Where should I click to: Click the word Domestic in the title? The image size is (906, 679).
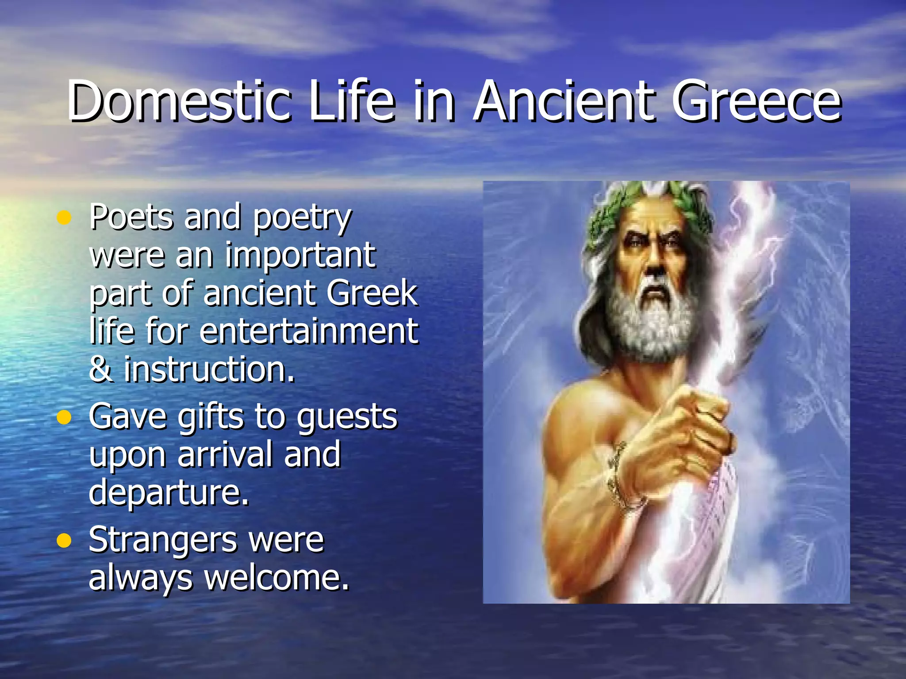point(179,101)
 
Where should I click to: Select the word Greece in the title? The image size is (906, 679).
point(756,101)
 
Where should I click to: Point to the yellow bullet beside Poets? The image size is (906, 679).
point(64,217)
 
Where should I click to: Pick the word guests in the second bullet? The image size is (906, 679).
point(347,418)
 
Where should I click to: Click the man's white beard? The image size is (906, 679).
point(650,323)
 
